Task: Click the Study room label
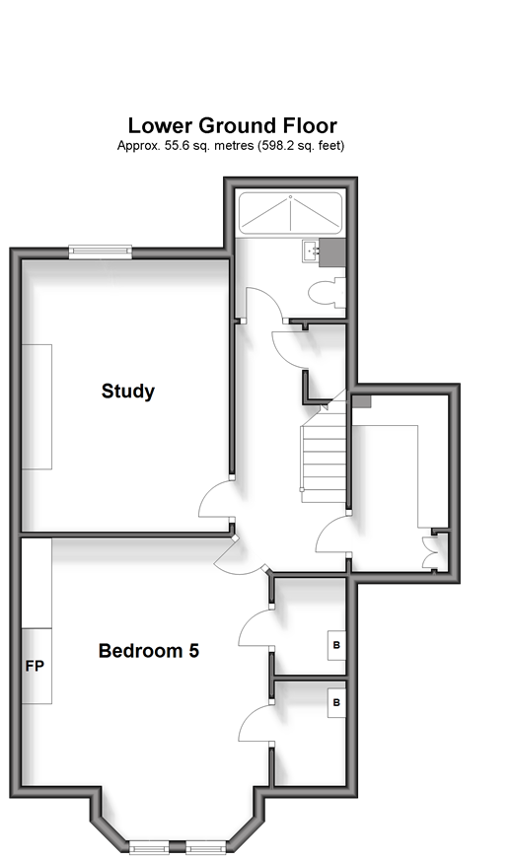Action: click(128, 392)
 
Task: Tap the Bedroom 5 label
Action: click(148, 651)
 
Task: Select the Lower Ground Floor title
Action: click(232, 125)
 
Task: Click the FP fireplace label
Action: click(35, 667)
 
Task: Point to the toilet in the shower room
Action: click(328, 292)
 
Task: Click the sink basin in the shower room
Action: click(311, 251)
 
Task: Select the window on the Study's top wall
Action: click(101, 251)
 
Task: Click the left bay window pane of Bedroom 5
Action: click(149, 846)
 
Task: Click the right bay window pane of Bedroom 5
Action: click(206, 846)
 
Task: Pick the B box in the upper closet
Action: click(336, 645)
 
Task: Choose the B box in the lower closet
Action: click(336, 702)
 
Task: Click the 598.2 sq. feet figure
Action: click(301, 146)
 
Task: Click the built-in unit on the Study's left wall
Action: click(37, 406)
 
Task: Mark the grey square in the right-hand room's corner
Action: click(361, 401)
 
